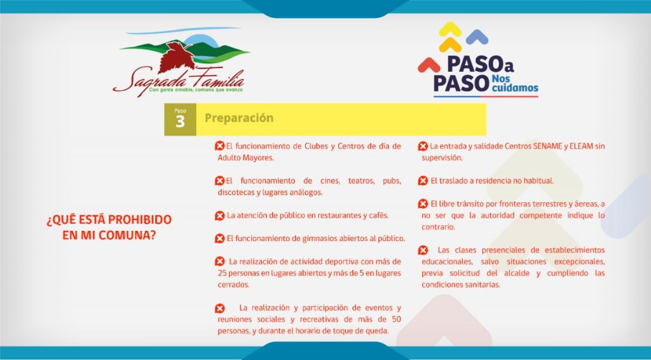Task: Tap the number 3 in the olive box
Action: pos(180,122)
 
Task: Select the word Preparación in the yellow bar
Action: pos(239,118)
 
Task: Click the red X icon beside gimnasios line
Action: pos(219,239)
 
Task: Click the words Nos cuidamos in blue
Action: pos(515,83)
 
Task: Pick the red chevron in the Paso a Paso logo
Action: pos(429,65)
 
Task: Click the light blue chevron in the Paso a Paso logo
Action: pos(477,37)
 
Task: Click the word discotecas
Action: pos(235,193)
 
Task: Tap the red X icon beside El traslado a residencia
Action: pos(423,181)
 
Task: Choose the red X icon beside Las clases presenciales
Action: pos(423,251)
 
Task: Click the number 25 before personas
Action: pos(222,273)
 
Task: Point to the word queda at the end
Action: pos(378,331)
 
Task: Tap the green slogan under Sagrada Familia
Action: pos(196,90)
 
